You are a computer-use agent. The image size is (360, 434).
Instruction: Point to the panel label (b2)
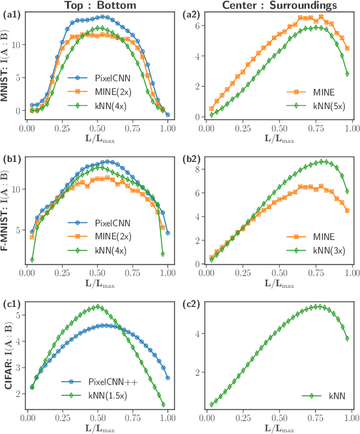coord(192,159)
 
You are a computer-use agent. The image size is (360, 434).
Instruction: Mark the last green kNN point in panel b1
coord(163,254)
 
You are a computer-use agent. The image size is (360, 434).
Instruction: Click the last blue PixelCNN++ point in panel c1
coord(168,378)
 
